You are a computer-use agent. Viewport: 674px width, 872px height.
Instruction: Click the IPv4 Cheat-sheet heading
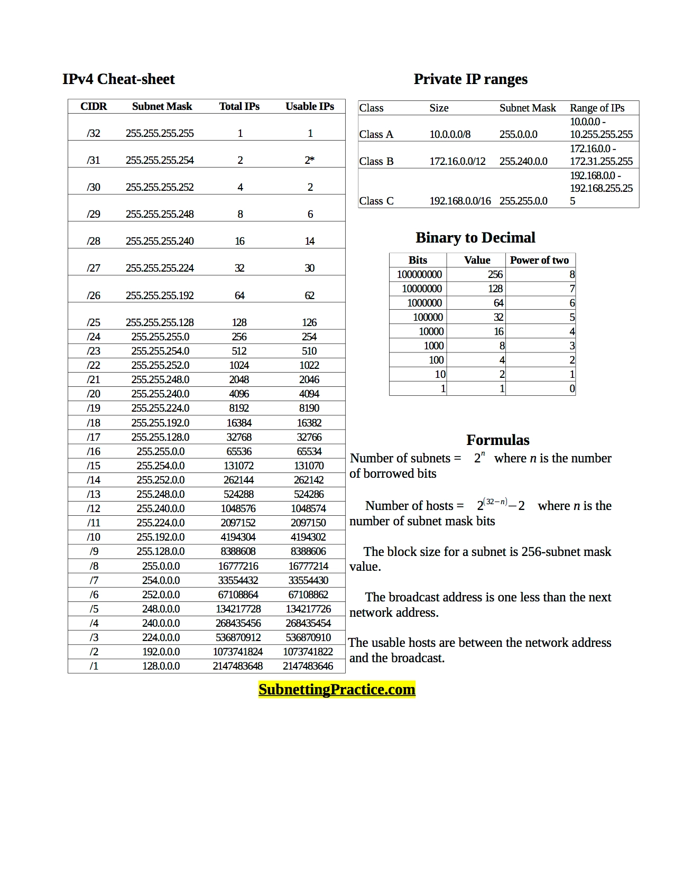tap(118, 79)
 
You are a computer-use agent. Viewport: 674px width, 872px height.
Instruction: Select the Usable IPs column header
tap(310, 106)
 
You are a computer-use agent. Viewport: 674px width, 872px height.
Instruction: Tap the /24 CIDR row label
tap(94, 337)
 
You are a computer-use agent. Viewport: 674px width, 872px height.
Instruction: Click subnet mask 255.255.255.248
tap(160, 214)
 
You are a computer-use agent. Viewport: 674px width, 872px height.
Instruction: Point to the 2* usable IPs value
tap(310, 160)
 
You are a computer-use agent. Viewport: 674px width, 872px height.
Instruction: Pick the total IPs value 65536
tap(239, 451)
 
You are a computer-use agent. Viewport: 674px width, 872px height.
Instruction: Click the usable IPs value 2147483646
tap(308, 666)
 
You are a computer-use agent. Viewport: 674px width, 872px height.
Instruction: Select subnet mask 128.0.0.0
tap(161, 666)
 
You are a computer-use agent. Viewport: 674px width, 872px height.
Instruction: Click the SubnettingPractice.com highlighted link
tap(337, 690)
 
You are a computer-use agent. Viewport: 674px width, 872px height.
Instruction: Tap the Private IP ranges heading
tap(470, 79)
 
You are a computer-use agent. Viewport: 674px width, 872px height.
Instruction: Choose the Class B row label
tap(376, 161)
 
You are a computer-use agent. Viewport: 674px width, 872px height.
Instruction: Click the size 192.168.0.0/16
tap(460, 201)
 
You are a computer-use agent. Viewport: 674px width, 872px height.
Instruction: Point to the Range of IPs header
tap(597, 108)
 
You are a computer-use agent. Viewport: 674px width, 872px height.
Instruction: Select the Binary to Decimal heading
tap(475, 238)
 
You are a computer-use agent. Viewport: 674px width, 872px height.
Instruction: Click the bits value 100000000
tap(419, 274)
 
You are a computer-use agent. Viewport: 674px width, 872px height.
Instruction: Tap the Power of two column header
tap(539, 260)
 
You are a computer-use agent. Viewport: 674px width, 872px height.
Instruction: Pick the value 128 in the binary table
tap(495, 289)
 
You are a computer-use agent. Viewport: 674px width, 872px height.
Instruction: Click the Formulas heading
tap(497, 440)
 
